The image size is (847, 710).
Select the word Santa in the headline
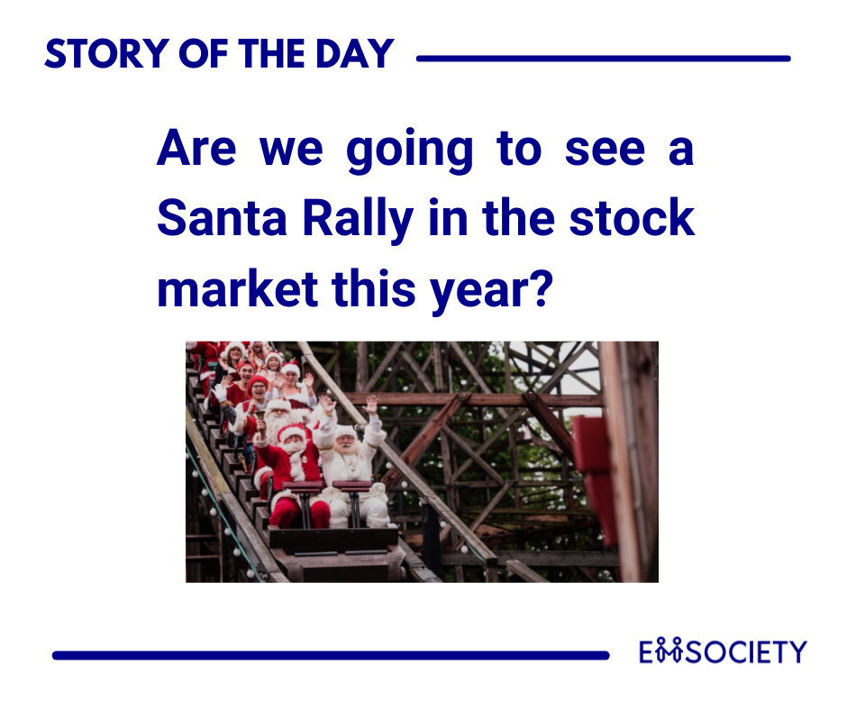[x=222, y=218]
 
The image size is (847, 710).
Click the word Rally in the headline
[x=358, y=221]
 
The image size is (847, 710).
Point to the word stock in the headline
[x=632, y=217]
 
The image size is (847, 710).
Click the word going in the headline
[x=409, y=152]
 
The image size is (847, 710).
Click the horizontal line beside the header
[x=604, y=59]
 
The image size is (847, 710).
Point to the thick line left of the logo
[x=331, y=655]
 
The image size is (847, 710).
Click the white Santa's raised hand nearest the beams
[x=370, y=405]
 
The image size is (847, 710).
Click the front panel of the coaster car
[x=332, y=539]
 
